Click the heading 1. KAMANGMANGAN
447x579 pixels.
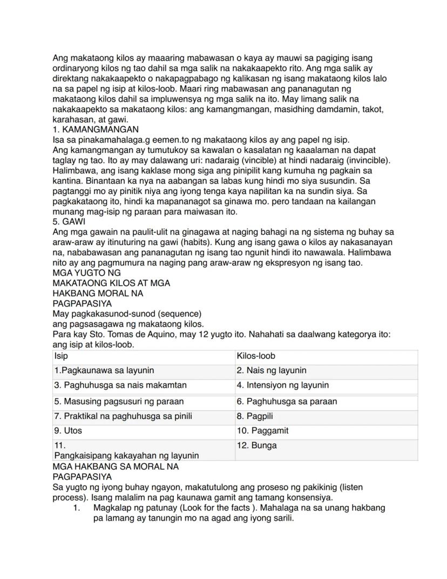(96, 130)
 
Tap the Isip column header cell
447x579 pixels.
(143, 356)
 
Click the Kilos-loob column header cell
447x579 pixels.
(326, 356)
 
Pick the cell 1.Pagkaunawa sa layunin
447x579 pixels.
(143, 371)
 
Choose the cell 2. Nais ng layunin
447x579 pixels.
(326, 371)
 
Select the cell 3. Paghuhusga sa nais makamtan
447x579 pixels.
(143, 385)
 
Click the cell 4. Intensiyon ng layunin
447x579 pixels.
(326, 385)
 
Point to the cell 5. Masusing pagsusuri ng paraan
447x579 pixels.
(143, 402)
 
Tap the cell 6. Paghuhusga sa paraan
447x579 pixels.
(326, 402)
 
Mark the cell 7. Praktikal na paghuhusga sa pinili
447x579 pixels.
(143, 416)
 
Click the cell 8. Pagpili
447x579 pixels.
(326, 416)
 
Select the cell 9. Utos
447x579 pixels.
(143, 431)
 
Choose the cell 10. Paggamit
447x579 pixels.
(326, 431)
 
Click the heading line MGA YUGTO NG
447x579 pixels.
(86, 273)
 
